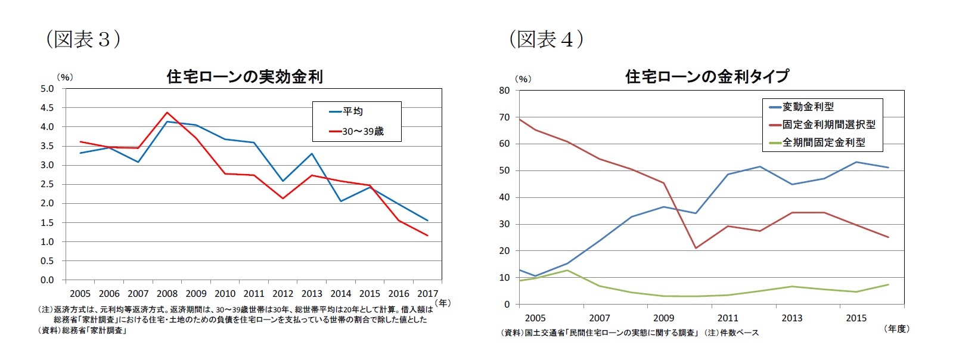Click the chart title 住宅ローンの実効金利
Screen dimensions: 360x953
tap(244, 77)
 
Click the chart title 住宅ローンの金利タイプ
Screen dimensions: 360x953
tap(707, 76)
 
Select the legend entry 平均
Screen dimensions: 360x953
tap(352, 111)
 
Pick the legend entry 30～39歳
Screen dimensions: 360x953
tap(362, 131)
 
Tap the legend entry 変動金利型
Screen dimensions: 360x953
tap(808, 107)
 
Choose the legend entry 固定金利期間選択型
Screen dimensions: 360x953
tap(828, 125)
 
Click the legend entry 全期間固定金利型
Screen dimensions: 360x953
tap(824, 142)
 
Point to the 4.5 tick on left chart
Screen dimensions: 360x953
tap(47, 108)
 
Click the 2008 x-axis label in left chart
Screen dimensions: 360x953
tap(167, 293)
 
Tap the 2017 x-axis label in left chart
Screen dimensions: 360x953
tap(427, 293)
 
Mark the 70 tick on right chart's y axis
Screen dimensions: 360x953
tap(504, 117)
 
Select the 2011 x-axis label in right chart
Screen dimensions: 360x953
tap(728, 318)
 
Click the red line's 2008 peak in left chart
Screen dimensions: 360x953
tap(167, 112)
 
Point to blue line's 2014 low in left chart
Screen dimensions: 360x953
tap(341, 201)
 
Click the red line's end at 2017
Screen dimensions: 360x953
tap(427, 235)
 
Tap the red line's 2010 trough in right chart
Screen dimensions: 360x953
tap(696, 248)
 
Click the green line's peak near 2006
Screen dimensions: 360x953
tap(567, 270)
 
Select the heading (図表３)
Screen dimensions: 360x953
tap(83, 39)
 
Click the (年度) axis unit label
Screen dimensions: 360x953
tap(896, 328)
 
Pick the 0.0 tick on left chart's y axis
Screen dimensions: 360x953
tap(47, 280)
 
